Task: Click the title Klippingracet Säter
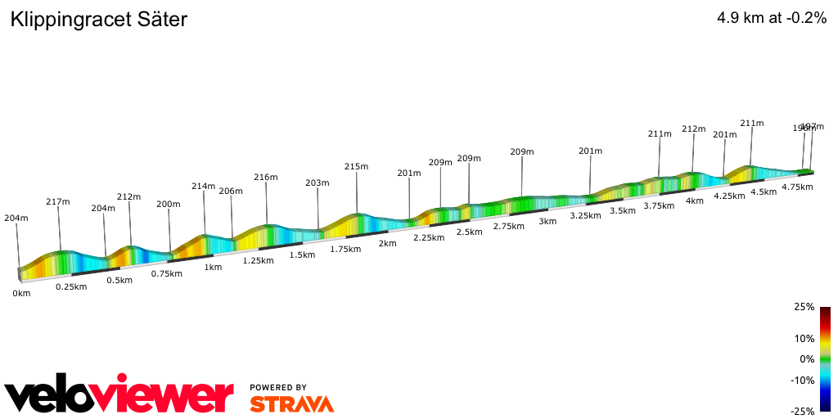click(x=99, y=20)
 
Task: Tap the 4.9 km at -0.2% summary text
click(x=771, y=18)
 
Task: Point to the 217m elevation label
click(x=57, y=201)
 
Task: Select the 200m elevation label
click(x=169, y=204)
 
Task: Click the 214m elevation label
click(x=203, y=187)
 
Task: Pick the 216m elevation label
click(x=266, y=177)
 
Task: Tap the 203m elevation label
click(x=317, y=182)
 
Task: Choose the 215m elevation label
click(x=356, y=166)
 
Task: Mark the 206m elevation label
click(x=231, y=191)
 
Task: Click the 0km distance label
click(x=21, y=293)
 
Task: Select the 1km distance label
click(x=213, y=267)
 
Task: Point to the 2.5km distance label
click(x=469, y=232)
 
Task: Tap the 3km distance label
click(x=547, y=221)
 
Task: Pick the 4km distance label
click(x=695, y=201)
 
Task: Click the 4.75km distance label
click(x=797, y=187)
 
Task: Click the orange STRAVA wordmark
click(x=291, y=403)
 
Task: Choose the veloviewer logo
click(x=119, y=397)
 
